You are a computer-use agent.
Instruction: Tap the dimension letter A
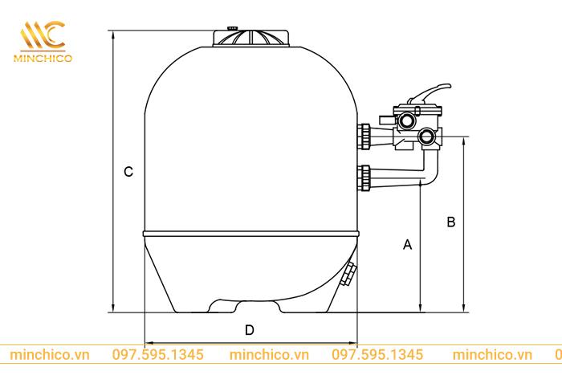(407, 244)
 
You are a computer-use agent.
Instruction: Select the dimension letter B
(450, 221)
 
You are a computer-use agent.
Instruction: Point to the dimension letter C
(128, 172)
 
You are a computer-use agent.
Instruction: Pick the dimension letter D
(250, 329)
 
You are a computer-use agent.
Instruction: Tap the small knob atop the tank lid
(232, 27)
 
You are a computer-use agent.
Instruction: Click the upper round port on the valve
(407, 121)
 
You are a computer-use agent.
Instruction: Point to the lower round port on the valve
(428, 139)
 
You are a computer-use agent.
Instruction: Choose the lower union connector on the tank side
(366, 178)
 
